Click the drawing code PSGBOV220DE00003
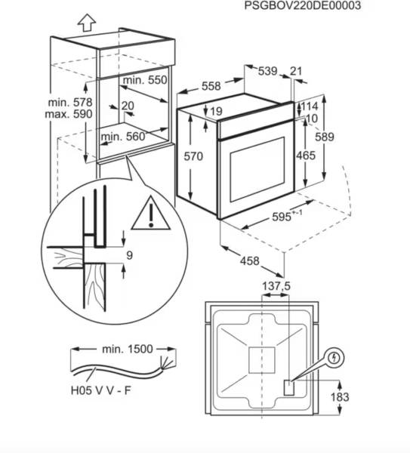[x=303, y=5]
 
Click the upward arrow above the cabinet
[x=86, y=23]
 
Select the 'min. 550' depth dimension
[x=145, y=80]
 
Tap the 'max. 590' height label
[x=69, y=114]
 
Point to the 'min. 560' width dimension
[x=123, y=137]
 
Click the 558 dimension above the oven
[x=211, y=86]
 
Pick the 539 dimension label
[x=267, y=71]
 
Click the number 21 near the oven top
[x=295, y=71]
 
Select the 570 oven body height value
[x=193, y=156]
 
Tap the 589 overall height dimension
[x=325, y=137]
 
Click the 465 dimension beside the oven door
[x=306, y=156]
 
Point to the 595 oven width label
[x=282, y=217]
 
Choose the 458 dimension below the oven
[x=250, y=261]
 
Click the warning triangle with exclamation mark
[x=151, y=214]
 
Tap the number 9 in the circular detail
[x=129, y=255]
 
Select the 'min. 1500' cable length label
[x=127, y=349]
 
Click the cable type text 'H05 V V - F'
[x=101, y=390]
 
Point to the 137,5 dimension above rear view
[x=276, y=286]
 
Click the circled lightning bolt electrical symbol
[x=334, y=358]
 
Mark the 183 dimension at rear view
[x=340, y=397]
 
